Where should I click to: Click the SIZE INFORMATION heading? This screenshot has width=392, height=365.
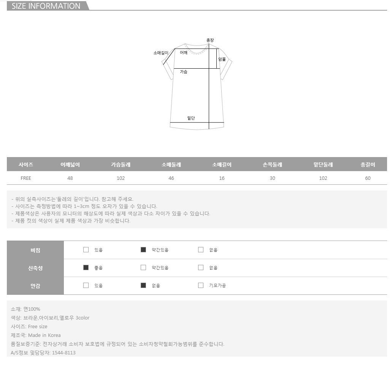click(46, 6)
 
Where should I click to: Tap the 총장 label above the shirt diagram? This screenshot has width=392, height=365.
click(210, 40)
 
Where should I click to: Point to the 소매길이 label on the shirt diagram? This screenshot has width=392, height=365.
click(161, 53)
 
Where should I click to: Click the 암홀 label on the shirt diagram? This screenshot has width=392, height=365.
click(222, 59)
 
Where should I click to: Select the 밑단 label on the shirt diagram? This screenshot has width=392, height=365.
click(191, 118)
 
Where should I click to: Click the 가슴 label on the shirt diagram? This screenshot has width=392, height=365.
click(184, 72)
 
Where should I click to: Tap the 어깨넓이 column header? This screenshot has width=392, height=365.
click(70, 165)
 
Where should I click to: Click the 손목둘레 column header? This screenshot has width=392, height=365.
click(272, 165)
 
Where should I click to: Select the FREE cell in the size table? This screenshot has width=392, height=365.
click(26, 178)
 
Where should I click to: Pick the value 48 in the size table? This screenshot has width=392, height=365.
click(70, 178)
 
